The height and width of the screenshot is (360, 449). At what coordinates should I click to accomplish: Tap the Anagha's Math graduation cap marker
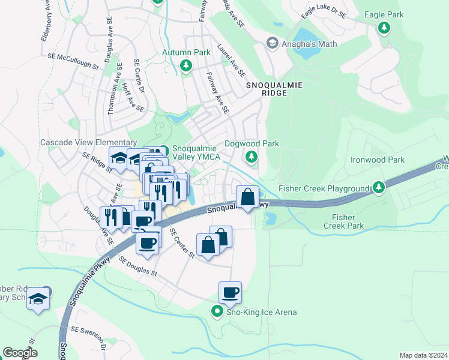[272, 43]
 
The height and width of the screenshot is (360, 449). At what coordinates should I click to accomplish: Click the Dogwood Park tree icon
[252, 157]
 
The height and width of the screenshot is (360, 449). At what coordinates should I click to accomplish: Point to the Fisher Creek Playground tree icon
[378, 188]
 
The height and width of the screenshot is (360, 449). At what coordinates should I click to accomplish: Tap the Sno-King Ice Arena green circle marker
[217, 311]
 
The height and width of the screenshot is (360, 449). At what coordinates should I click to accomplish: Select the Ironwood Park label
[378, 160]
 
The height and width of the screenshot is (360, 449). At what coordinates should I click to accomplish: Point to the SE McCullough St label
[73, 62]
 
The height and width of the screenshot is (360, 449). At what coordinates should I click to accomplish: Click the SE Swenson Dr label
[89, 338]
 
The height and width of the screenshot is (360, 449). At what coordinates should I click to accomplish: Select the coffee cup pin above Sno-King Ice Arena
[230, 293]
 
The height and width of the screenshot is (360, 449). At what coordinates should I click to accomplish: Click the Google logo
[20, 352]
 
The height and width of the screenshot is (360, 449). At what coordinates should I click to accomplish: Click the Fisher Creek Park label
[344, 221]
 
